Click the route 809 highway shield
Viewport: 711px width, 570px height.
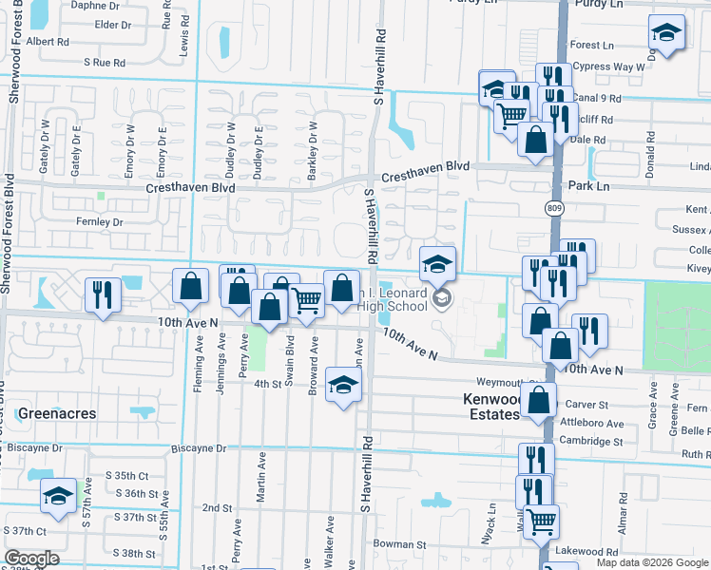click(554, 207)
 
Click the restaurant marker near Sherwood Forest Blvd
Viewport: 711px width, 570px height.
click(100, 294)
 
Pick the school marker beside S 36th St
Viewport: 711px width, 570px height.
click(59, 497)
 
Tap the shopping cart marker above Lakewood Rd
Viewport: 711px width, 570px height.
click(541, 520)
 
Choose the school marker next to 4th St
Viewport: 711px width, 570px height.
click(343, 386)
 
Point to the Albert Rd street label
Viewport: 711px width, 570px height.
click(48, 42)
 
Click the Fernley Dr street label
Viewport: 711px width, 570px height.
click(99, 221)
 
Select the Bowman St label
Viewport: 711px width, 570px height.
click(399, 545)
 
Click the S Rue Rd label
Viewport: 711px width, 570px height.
click(105, 62)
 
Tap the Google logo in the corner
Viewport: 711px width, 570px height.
click(32, 559)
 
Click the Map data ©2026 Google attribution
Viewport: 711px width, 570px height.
click(653, 562)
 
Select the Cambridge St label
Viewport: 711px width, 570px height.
click(590, 441)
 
